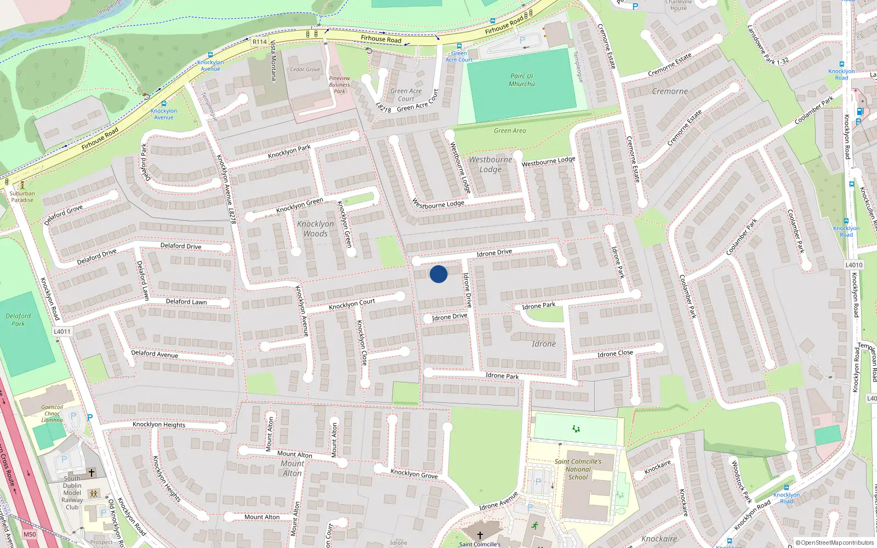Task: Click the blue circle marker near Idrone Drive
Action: click(438, 274)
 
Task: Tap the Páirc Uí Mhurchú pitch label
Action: click(521, 80)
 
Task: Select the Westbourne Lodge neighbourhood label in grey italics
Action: click(490, 164)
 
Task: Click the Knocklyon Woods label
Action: click(315, 229)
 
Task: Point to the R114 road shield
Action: click(259, 42)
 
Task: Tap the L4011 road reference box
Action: click(62, 332)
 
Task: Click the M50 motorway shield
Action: click(30, 534)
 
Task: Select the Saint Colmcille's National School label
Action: click(578, 469)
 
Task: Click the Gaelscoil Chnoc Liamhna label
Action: click(52, 414)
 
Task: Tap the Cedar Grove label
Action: click(305, 70)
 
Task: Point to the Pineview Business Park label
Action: click(339, 84)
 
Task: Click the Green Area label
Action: click(510, 130)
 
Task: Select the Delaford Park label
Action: click(18, 319)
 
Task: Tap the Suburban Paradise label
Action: click(22, 197)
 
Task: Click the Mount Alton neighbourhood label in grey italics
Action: click(292, 468)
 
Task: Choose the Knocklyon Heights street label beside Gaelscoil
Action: click(159, 425)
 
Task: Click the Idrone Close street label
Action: click(615, 353)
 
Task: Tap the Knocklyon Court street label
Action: click(352, 304)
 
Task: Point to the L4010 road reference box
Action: click(854, 265)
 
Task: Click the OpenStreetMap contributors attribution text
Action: click(834, 543)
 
